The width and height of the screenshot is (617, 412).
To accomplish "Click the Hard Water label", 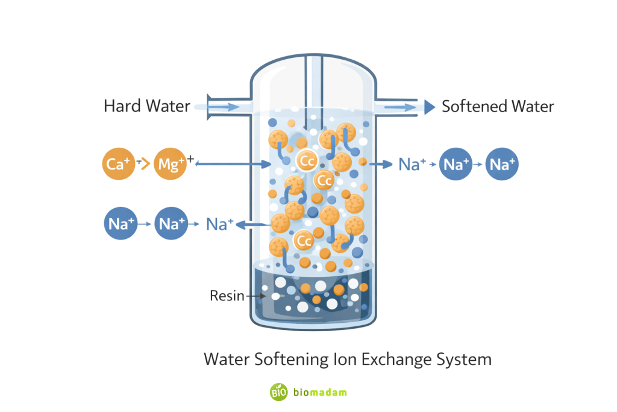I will click(x=147, y=107).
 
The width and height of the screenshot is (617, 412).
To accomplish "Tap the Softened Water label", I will click(x=498, y=107).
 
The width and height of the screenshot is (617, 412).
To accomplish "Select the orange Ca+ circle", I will click(x=118, y=163).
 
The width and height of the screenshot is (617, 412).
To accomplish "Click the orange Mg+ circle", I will click(x=171, y=163).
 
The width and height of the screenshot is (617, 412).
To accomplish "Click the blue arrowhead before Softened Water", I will click(x=429, y=107).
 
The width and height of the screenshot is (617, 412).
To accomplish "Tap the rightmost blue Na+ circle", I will click(x=503, y=163).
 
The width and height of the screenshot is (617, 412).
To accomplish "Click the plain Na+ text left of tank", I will click(x=219, y=224).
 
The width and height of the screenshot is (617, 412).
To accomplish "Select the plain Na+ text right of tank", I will click(x=413, y=163).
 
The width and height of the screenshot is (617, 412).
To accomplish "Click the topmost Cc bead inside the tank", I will click(x=307, y=160).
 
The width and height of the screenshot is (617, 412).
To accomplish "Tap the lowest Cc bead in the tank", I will click(x=304, y=241).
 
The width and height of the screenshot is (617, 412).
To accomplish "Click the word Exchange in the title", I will click(x=394, y=360).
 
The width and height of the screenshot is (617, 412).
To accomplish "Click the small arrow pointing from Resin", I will click(x=255, y=296).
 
